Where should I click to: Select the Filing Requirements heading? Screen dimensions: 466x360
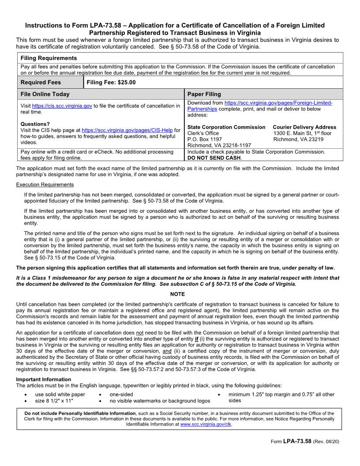click(x=49, y=58)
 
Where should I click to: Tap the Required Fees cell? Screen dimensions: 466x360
click(x=41, y=83)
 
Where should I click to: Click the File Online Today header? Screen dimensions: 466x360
click(x=45, y=94)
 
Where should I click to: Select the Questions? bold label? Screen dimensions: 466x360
click(x=35, y=124)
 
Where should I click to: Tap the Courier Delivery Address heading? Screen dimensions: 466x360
click(x=304, y=127)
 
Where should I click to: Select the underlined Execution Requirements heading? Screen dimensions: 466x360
click(x=45, y=184)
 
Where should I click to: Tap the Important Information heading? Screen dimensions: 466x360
click(x=43, y=380)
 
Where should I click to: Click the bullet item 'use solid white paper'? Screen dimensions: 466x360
click(x=60, y=395)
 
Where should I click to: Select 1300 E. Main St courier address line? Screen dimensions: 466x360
click(x=302, y=133)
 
